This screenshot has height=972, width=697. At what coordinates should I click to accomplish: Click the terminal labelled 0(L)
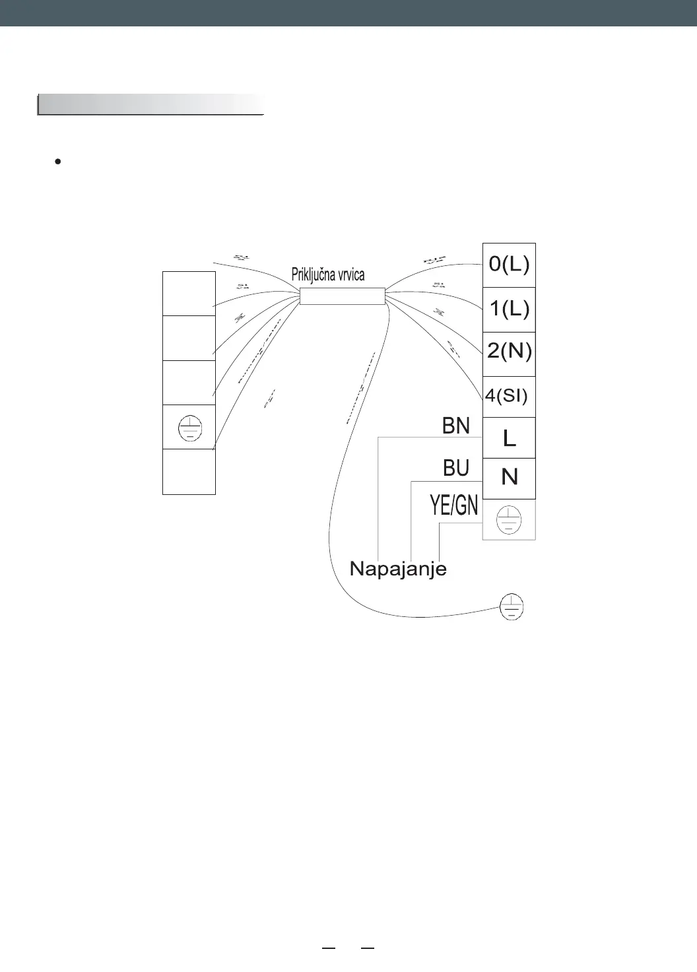[x=509, y=265]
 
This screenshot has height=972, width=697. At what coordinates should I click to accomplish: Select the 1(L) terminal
[x=509, y=309]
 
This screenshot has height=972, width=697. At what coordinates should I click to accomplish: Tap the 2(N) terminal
[x=509, y=351]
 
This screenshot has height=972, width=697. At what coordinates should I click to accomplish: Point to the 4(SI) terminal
[x=507, y=396]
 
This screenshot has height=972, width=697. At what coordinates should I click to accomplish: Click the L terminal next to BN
[x=509, y=437]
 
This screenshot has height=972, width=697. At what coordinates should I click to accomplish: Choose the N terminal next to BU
[x=509, y=477]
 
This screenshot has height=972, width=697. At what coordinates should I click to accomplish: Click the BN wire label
[x=456, y=426]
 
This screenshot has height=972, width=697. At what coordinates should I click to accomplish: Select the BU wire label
[x=456, y=469]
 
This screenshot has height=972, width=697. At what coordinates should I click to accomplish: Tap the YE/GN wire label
[x=454, y=506]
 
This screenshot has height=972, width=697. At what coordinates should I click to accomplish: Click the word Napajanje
[x=398, y=569]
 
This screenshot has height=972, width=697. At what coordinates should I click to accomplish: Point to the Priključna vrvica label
[x=328, y=275]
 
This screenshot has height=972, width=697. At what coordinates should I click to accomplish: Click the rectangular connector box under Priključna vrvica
[x=342, y=296]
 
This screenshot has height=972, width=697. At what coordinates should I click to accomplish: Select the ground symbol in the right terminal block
[x=509, y=519]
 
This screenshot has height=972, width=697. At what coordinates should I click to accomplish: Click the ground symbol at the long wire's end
[x=512, y=606]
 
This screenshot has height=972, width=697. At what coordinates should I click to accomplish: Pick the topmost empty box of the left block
[x=189, y=294]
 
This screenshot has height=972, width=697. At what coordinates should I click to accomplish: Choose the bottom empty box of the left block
[x=189, y=472]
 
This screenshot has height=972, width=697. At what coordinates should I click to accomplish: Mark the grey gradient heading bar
[x=150, y=105]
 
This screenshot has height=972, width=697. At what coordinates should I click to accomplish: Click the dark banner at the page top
[x=348, y=13]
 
